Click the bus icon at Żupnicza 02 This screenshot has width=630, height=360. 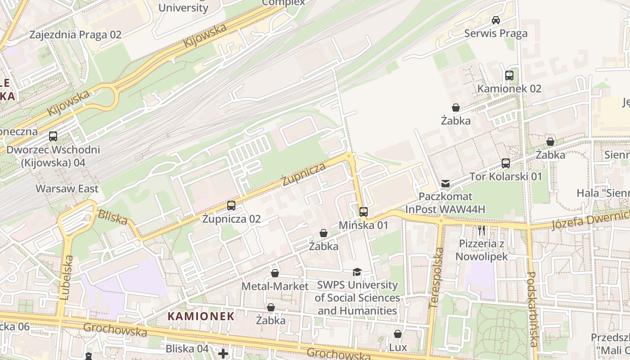[231, 206]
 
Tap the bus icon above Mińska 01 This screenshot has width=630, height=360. [364, 211]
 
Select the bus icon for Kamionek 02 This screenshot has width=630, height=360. [509, 76]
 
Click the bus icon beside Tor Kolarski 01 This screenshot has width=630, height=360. [506, 163]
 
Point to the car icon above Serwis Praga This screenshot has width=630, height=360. [496, 20]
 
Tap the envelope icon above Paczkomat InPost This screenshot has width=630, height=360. [445, 184]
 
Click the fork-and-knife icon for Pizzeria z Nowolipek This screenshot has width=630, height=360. [482, 231]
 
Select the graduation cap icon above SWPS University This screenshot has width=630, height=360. [357, 272]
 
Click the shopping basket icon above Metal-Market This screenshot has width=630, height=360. [275, 274]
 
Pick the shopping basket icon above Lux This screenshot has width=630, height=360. [398, 334]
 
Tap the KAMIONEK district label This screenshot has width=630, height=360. [201, 316]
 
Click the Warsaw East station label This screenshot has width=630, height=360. [67, 189]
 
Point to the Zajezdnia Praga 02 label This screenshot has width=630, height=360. [75, 35]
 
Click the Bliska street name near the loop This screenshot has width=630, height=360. [112, 217]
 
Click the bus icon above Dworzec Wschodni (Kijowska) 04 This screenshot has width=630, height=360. [53, 136]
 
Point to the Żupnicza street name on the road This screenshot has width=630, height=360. [304, 175]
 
